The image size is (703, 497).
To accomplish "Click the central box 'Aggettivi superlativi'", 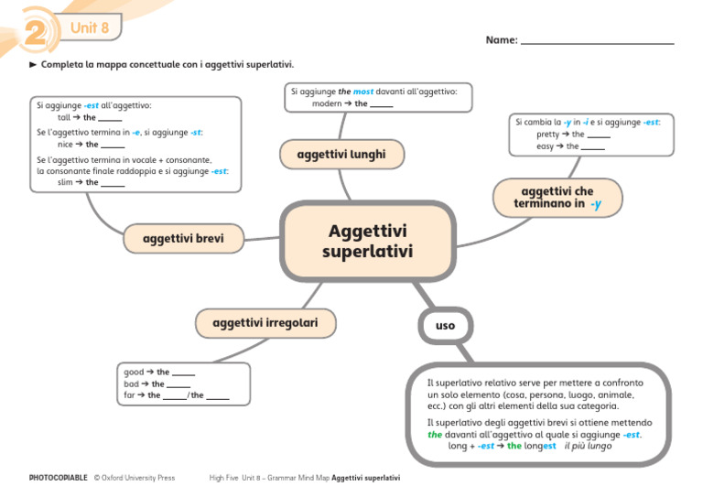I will pyautogui.click(x=368, y=242).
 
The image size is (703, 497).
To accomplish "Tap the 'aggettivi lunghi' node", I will pyautogui.click(x=341, y=155).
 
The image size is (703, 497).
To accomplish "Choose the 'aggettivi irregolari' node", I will pyautogui.click(x=265, y=323).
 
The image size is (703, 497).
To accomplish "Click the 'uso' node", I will pyautogui.click(x=445, y=325).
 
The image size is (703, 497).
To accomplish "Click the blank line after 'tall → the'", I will pyautogui.click(x=110, y=119).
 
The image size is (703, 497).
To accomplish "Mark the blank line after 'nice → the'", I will pyautogui.click(x=113, y=146).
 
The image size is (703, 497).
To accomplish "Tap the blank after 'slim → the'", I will pyautogui.click(x=113, y=183).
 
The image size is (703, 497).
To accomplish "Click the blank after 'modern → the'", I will pyautogui.click(x=382, y=105).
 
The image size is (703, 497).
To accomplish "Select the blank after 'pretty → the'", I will pyautogui.click(x=599, y=135).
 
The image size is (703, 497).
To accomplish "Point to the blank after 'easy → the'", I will pyautogui.click(x=592, y=147).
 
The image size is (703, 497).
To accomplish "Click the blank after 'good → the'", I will pyautogui.click(x=183, y=373).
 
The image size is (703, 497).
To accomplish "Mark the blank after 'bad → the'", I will pyautogui.click(x=178, y=385).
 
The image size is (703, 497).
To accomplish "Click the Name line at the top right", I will pyautogui.click(x=597, y=41).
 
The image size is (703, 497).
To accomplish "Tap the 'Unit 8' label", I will pyautogui.click(x=90, y=28).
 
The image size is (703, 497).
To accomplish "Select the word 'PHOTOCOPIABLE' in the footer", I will pyautogui.click(x=59, y=478).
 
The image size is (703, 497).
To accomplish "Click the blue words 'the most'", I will pyautogui.click(x=357, y=92).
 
